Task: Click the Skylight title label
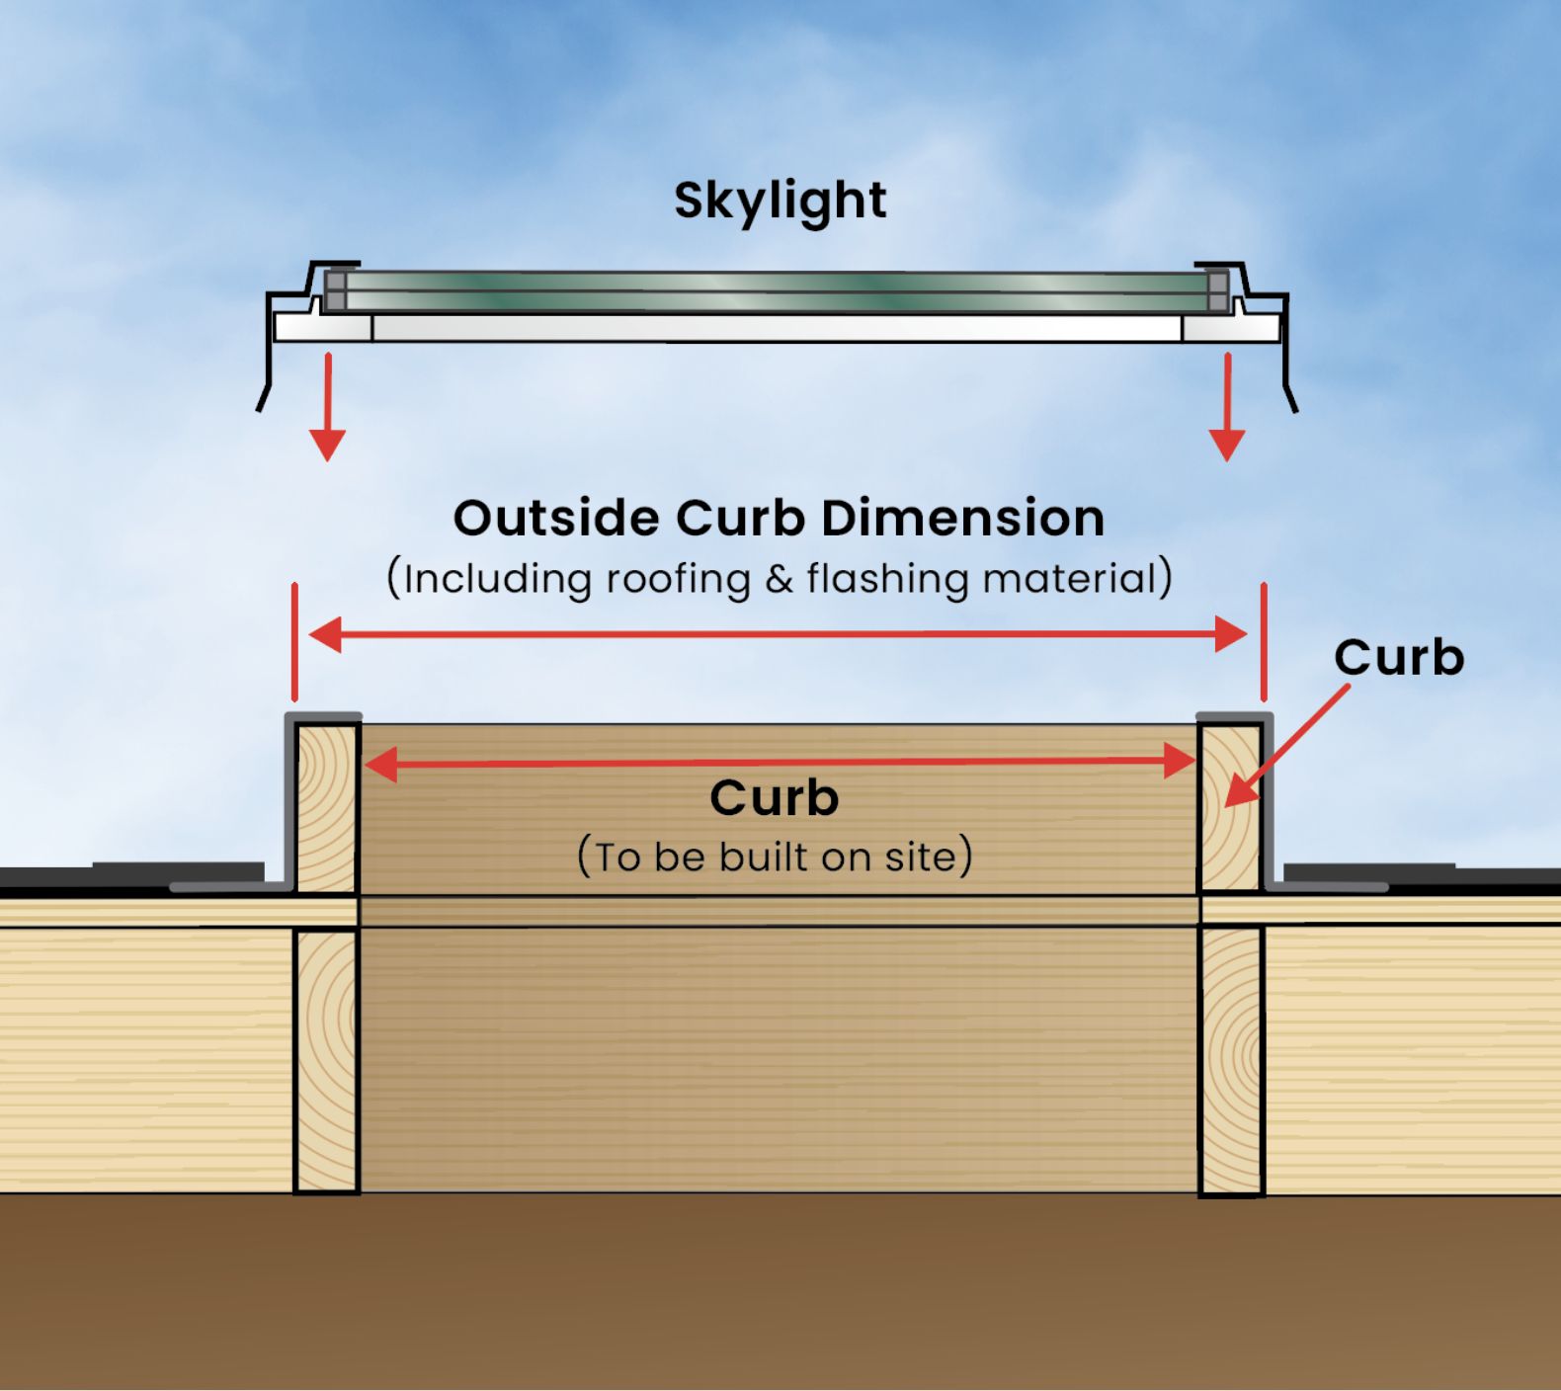780,201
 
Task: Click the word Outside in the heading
555,518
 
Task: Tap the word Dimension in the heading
962,518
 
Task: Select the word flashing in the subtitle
886,579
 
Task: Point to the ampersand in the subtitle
779,579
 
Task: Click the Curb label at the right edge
1398,657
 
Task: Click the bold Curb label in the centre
774,797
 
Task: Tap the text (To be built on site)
775,857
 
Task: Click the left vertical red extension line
294,642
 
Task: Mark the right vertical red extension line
1264,642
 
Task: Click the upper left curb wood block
326,808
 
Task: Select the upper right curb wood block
1230,808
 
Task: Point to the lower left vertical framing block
326,1059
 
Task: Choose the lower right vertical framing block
1231,1059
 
